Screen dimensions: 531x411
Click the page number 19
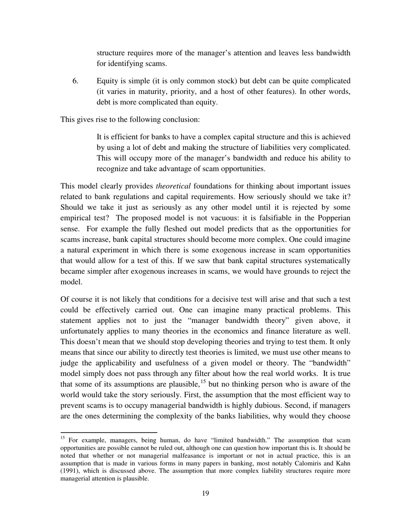point(205,493)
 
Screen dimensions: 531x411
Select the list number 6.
point(75,81)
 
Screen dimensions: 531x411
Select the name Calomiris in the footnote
point(307,464)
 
